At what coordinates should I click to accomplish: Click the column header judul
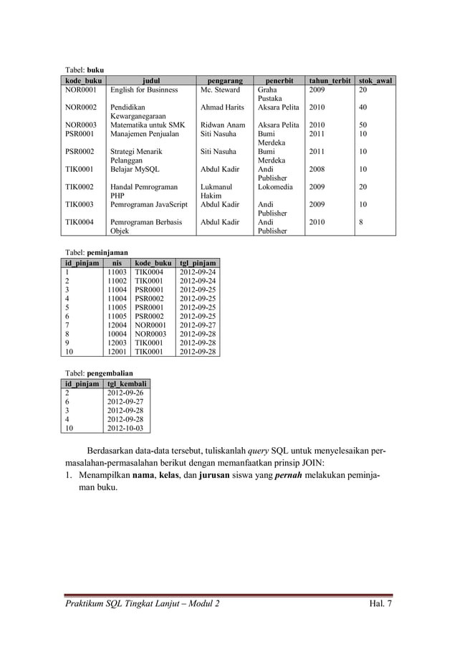tap(152, 81)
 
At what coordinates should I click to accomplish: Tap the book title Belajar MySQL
tap(135, 170)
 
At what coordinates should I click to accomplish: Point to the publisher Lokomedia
tap(274, 186)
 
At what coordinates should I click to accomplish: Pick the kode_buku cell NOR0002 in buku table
tap(81, 107)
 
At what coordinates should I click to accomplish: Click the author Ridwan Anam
tap(223, 125)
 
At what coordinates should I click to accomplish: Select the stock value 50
tap(364, 125)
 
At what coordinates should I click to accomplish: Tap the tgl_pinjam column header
tap(197, 264)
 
